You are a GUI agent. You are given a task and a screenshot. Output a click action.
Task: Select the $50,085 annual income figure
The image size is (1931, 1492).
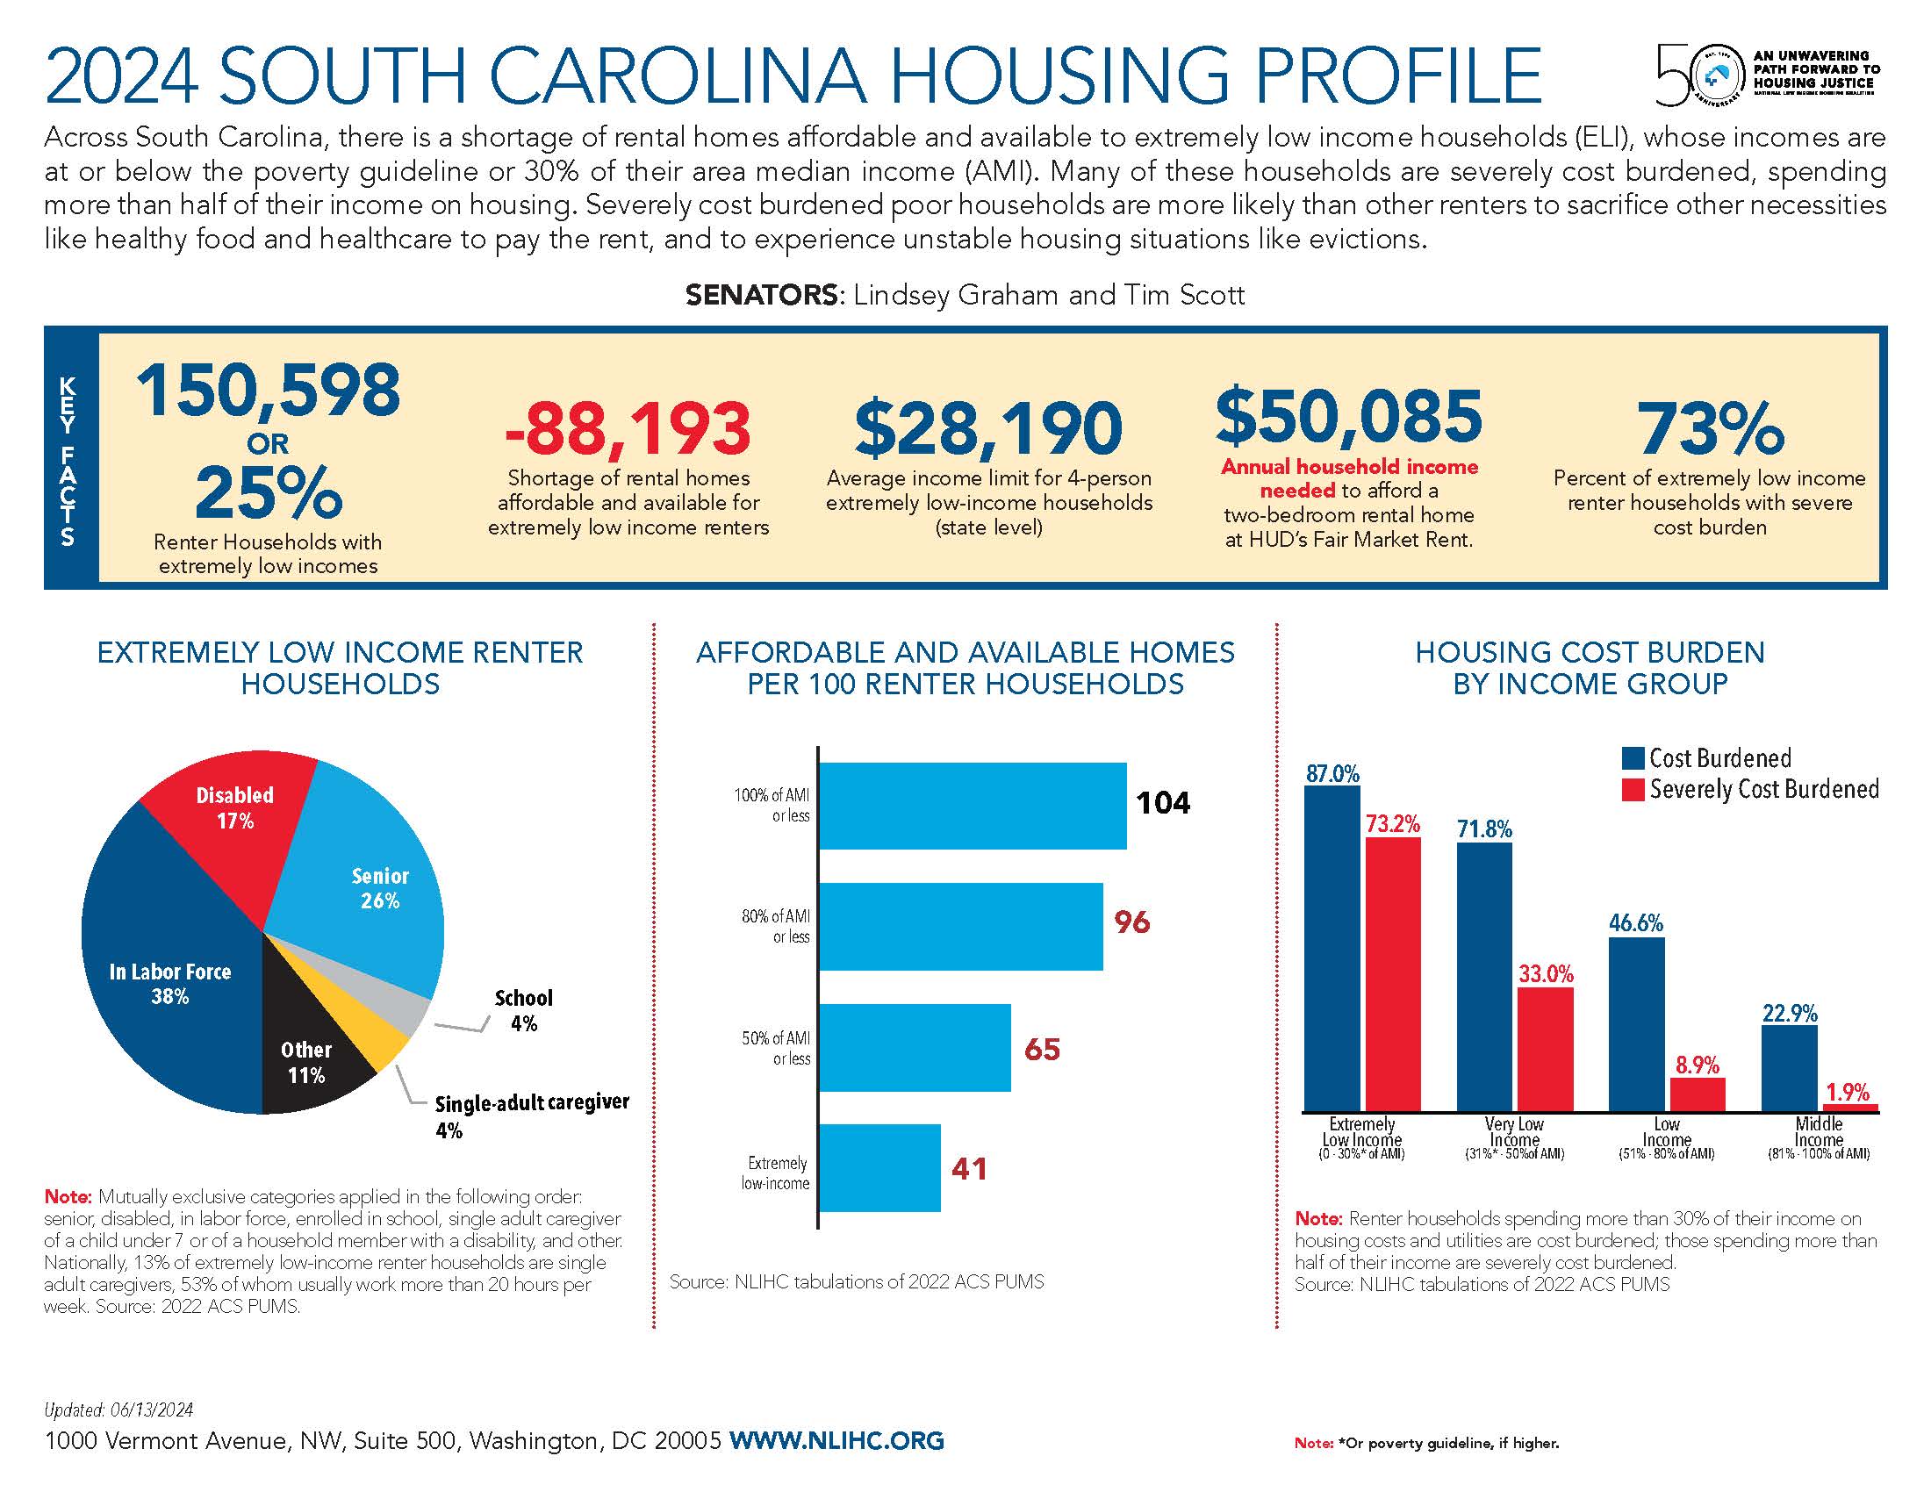tap(1348, 415)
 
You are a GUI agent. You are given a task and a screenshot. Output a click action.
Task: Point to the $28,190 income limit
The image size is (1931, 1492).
tap(987, 428)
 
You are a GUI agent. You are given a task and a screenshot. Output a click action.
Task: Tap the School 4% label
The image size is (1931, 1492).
tap(523, 1010)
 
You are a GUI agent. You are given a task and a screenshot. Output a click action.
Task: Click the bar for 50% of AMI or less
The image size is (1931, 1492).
tap(915, 1047)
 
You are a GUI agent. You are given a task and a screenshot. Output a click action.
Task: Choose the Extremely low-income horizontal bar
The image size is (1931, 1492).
tap(879, 1167)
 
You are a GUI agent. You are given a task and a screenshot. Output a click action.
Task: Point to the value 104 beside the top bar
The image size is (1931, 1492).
tap(1163, 802)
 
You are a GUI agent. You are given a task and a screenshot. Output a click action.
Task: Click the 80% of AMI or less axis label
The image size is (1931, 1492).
tap(775, 926)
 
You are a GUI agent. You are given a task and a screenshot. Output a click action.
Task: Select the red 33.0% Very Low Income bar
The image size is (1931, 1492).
tap(1545, 1049)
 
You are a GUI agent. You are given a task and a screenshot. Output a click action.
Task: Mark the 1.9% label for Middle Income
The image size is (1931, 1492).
tap(1847, 1092)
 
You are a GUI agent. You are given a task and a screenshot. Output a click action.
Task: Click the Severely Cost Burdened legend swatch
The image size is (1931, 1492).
tap(1633, 789)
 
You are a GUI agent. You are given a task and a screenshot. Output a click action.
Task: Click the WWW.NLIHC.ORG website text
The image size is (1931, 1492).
tap(836, 1440)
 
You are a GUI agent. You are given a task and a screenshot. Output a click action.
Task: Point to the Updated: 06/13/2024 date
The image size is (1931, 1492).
tap(118, 1410)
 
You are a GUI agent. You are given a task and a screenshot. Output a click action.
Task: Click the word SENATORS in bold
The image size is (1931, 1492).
tap(761, 294)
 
